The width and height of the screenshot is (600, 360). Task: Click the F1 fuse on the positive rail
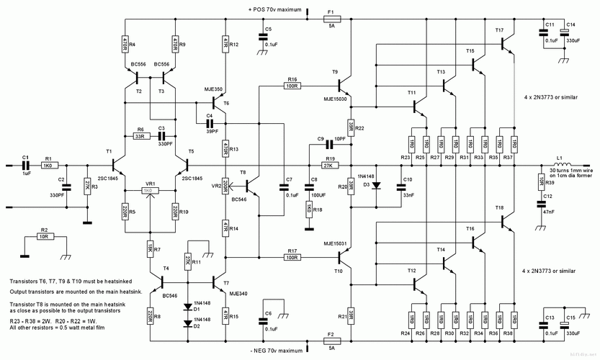(331, 21)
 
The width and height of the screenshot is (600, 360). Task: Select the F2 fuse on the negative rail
(331, 339)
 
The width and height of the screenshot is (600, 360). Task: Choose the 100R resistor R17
(291, 257)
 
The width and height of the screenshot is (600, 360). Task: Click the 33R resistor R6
(140, 136)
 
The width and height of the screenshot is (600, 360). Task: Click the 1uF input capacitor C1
(25, 165)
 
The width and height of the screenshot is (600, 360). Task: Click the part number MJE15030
(336, 99)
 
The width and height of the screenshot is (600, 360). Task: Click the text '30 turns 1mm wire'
(573, 169)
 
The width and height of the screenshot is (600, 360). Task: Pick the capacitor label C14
(570, 24)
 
